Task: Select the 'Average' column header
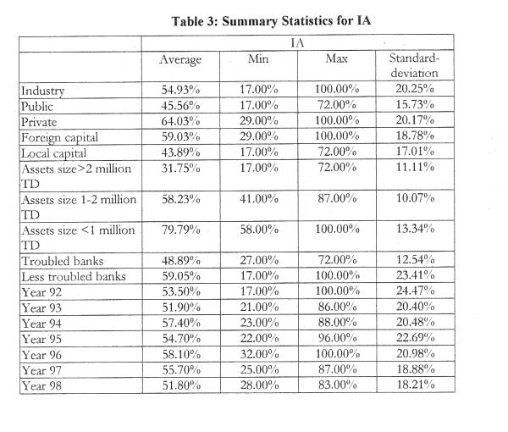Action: click(x=180, y=59)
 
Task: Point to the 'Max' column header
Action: click(x=336, y=59)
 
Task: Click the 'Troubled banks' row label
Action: click(x=61, y=261)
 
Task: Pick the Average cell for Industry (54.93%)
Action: click(x=180, y=91)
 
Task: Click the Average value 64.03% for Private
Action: click(x=180, y=121)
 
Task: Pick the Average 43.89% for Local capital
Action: click(x=180, y=152)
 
